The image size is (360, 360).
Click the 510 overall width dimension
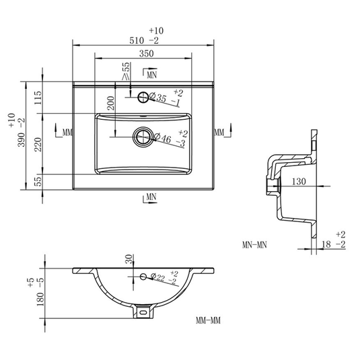(x=137, y=40)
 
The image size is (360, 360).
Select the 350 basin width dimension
(x=146, y=54)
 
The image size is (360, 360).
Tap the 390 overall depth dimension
(x=21, y=139)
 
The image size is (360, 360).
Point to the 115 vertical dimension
(x=38, y=98)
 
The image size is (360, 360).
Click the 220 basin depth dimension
(x=38, y=145)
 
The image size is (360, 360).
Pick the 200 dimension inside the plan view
(x=110, y=103)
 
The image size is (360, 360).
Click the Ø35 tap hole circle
(x=143, y=98)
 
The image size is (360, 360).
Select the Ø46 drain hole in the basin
(x=143, y=137)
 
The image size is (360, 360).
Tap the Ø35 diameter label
(x=158, y=97)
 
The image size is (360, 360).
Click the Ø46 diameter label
(x=163, y=138)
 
